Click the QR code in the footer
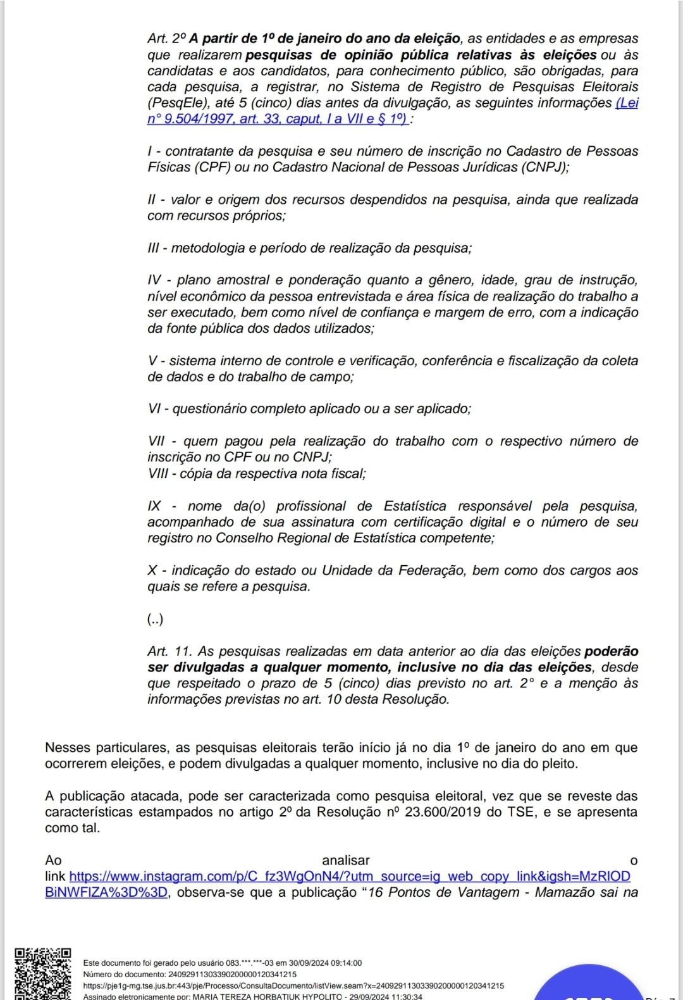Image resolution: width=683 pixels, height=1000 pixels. click(x=43, y=973)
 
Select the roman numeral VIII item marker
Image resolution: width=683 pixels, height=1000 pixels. click(x=157, y=473)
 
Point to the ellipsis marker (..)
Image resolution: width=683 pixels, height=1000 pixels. click(x=155, y=619)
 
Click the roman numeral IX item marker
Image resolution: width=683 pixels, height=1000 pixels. click(x=154, y=506)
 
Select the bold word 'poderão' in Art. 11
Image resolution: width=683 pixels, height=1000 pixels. click(x=611, y=651)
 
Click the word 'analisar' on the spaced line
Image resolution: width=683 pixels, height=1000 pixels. click(x=345, y=860)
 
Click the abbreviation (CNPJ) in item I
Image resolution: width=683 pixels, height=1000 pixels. click(x=543, y=167)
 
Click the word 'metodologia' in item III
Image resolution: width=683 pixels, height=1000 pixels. click(x=207, y=248)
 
